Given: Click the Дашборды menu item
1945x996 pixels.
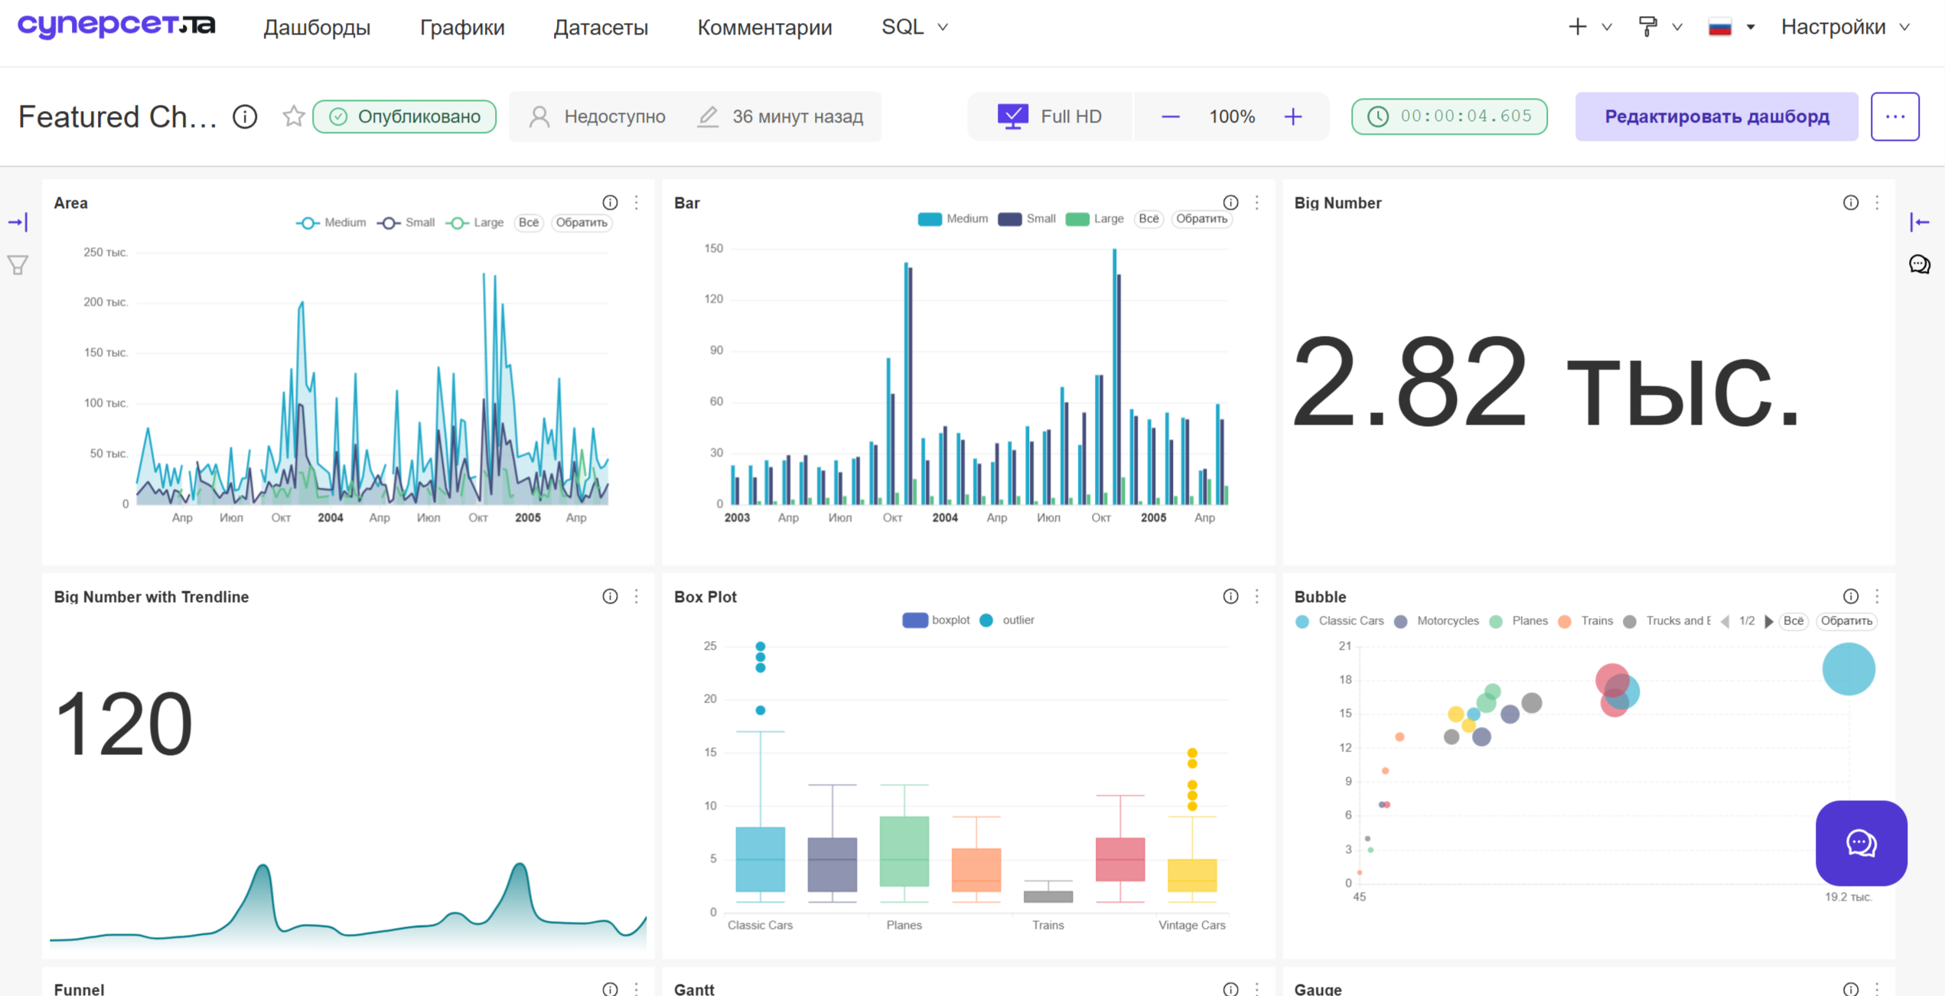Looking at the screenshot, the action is pos(317,28).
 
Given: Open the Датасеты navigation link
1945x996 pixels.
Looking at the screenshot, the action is pos(601,28).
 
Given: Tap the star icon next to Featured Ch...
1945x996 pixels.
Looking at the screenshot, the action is pos(294,116).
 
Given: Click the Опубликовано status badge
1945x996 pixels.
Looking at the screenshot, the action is pos(404,116).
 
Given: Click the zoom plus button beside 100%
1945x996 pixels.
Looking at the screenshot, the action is pos(1293,116).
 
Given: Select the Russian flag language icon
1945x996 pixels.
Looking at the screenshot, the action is pos(1720,28).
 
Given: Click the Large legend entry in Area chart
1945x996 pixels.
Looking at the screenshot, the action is pos(475,223).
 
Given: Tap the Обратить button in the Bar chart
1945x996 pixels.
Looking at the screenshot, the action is pos(1201,219).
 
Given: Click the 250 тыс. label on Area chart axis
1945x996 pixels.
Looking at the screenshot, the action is pos(106,252).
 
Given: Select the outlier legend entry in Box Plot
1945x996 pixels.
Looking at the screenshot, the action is pos(1008,620).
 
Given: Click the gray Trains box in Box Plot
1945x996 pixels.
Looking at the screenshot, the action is pos(1048,897).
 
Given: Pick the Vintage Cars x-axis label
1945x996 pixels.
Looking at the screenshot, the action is pos(1191,925).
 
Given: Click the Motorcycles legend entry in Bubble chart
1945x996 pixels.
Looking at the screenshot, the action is pos(1437,621).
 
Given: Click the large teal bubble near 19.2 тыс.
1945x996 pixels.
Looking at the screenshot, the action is pos(1849,669).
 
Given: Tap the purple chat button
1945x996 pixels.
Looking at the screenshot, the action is pos(1861,843).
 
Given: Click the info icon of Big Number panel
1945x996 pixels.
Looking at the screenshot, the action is pos(1850,203).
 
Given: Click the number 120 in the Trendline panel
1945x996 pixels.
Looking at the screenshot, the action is pos(124,724).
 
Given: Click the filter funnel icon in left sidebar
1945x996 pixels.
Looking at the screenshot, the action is pos(18,265).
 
